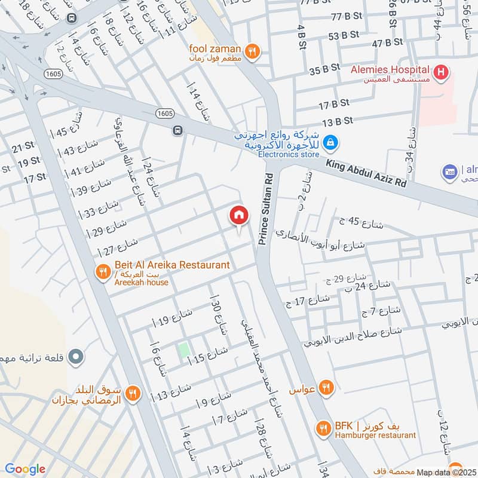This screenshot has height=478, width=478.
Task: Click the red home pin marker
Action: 239,215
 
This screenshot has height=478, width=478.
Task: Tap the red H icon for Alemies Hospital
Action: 441,73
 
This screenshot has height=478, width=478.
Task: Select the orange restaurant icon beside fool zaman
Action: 253,52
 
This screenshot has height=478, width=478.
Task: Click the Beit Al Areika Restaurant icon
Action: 103,272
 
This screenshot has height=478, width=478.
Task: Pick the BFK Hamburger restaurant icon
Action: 323,428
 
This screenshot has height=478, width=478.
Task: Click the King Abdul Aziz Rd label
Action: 366,173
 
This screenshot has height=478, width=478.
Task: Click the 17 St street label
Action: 35,177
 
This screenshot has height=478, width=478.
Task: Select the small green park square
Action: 184,351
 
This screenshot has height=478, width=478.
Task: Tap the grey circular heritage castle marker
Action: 75,357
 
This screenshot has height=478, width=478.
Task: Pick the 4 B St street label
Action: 301,36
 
